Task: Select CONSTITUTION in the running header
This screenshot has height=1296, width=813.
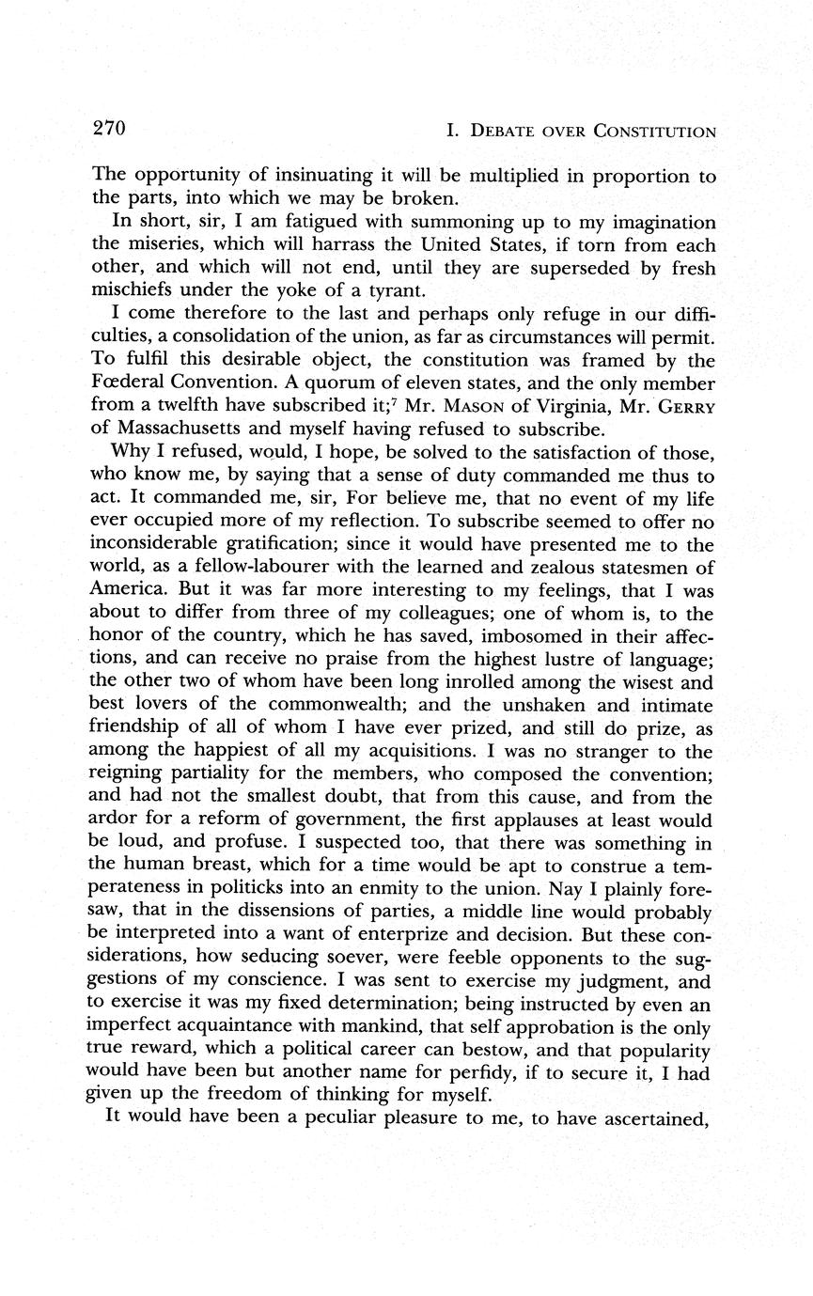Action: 654,132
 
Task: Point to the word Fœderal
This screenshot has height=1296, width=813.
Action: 128,383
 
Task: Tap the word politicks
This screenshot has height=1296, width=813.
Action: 261,888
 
